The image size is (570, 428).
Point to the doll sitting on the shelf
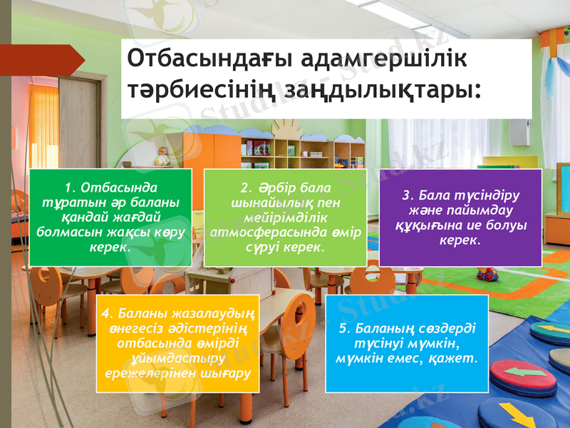[x=162, y=157]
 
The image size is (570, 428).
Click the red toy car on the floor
[x=487, y=274]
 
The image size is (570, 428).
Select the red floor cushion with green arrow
[x=524, y=376]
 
